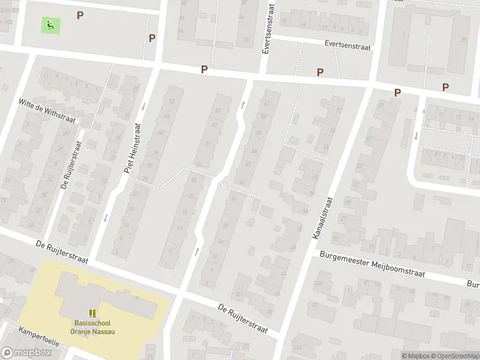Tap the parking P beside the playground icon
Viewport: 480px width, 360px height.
pyautogui.click(x=80, y=15)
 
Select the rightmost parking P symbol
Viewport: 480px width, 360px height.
pyautogui.click(x=445, y=87)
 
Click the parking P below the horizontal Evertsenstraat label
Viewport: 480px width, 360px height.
pyautogui.click(x=320, y=72)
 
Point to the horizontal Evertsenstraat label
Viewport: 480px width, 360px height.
pyautogui.click(x=347, y=45)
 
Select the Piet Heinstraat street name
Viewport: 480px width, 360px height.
pyautogui.click(x=132, y=148)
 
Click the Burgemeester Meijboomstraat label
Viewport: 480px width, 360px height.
pyautogui.click(x=372, y=265)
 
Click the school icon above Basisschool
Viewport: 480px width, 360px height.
pyautogui.click(x=92, y=313)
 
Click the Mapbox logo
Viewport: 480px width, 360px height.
pyautogui.click(x=26, y=353)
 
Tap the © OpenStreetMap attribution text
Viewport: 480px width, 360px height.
pyautogui.click(x=454, y=356)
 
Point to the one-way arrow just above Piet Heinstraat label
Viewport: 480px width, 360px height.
pyautogui.click(x=143, y=107)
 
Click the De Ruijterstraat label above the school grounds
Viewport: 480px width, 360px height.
pyautogui.click(x=62, y=253)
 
